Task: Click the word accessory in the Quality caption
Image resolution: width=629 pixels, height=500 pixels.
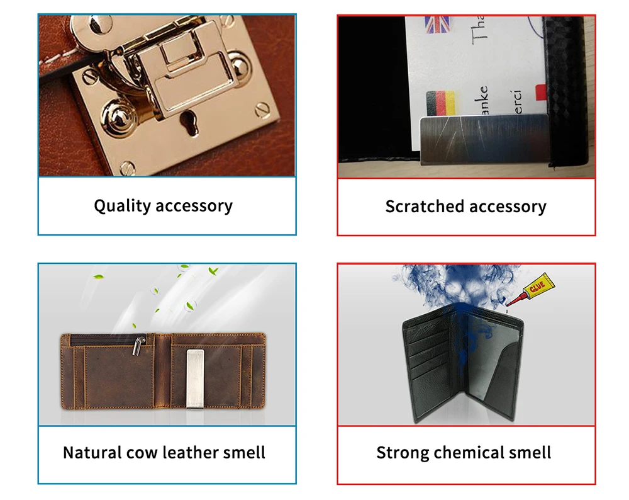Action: pyautogui.click(x=194, y=206)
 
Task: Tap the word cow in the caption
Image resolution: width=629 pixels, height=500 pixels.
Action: pyautogui.click(x=142, y=452)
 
